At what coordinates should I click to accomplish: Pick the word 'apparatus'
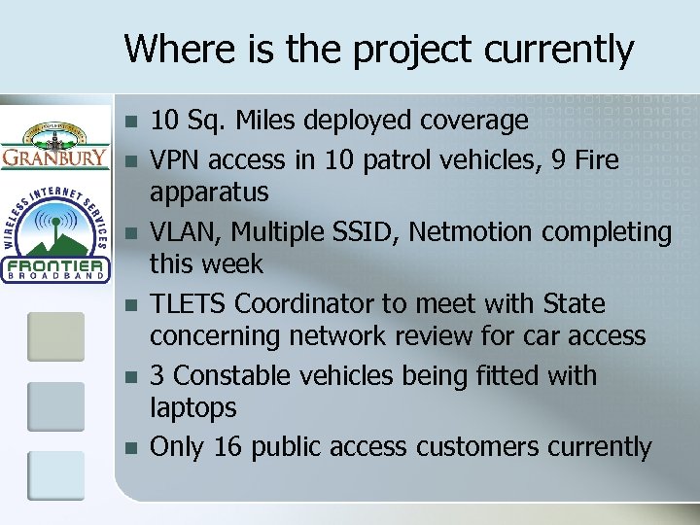(x=208, y=192)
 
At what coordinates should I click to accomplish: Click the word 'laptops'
(x=192, y=408)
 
